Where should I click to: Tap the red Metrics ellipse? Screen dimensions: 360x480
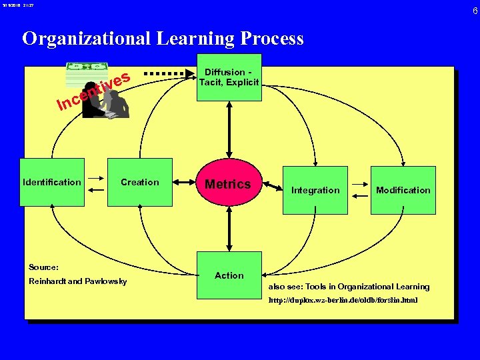pyautogui.click(x=228, y=184)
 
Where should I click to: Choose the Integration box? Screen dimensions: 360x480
pyautogui.click(x=315, y=190)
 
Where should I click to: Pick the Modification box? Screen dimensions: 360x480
pyautogui.click(x=403, y=190)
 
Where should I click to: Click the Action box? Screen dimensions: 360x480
pyautogui.click(x=229, y=275)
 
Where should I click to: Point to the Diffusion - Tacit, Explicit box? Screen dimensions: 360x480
pyautogui.click(x=229, y=77)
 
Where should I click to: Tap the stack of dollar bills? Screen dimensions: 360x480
pyautogui.click(x=86, y=74)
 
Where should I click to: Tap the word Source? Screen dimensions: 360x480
pyautogui.click(x=44, y=267)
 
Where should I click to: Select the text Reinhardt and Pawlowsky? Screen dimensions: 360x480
pyautogui.click(x=78, y=281)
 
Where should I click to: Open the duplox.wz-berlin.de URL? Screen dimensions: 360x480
pyautogui.click(x=343, y=301)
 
